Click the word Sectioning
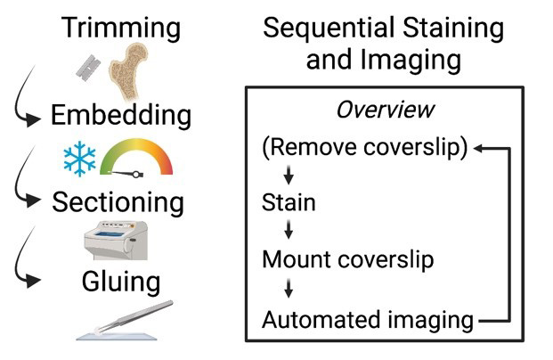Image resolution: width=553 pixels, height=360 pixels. click(118, 201)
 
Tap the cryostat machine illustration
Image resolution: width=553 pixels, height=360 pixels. click(114, 241)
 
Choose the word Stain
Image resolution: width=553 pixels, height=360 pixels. click(289, 203)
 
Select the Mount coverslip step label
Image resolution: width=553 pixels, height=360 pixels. click(347, 261)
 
